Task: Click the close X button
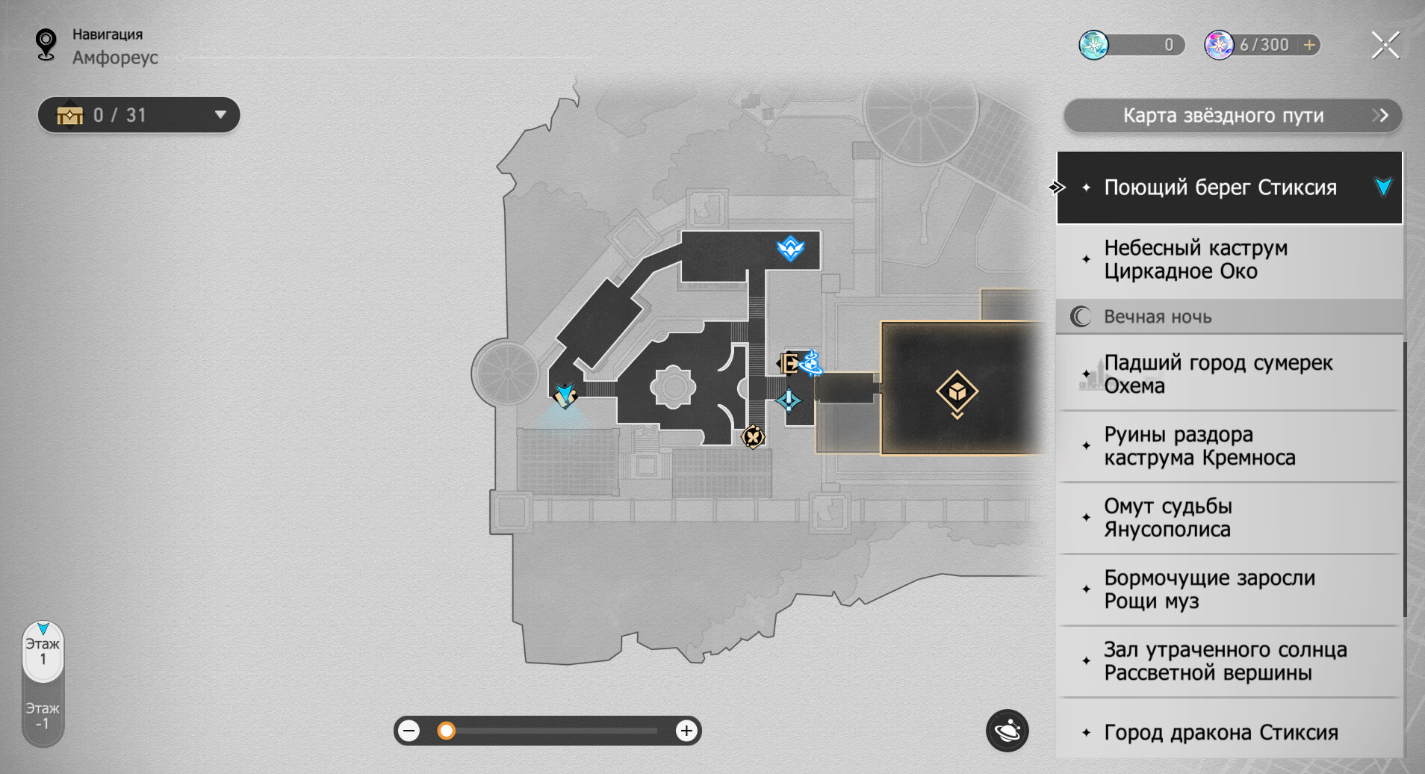1385,45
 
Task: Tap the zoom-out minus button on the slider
409,731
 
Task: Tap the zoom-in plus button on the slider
686,731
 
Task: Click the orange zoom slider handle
446,731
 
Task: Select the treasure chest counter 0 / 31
139,115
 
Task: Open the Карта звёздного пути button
1232,116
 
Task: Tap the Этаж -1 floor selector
43,716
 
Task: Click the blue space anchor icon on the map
790,248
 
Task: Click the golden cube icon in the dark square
957,391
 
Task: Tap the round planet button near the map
1008,730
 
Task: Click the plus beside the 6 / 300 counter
1309,45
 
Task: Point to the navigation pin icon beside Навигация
46,44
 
